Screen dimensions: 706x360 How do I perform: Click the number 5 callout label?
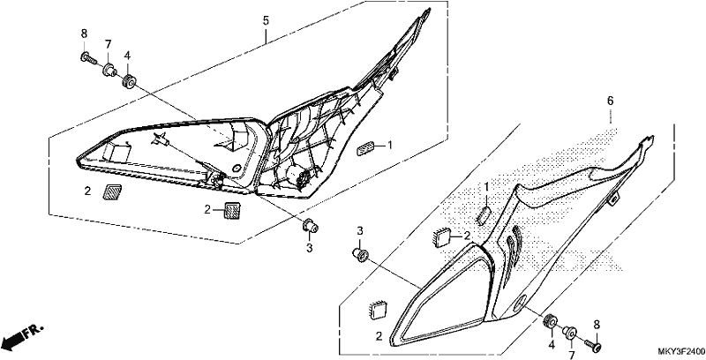(x=266, y=20)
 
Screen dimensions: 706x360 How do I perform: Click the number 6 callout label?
(x=610, y=101)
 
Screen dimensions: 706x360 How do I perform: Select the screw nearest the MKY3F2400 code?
(x=593, y=345)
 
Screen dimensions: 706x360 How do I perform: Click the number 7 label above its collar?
(x=108, y=44)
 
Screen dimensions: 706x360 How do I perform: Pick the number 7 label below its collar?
(x=571, y=356)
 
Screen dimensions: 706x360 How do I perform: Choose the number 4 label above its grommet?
(x=127, y=56)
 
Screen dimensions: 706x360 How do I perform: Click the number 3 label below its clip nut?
(x=310, y=247)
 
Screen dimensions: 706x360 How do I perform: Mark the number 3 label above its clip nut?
(x=360, y=231)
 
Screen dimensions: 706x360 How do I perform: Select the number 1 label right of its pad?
(x=390, y=146)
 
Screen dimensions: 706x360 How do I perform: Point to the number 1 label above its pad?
(x=486, y=187)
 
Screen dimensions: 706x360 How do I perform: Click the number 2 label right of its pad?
(x=468, y=235)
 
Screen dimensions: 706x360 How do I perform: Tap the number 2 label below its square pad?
(x=379, y=335)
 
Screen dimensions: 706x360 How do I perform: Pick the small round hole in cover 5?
(x=235, y=168)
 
